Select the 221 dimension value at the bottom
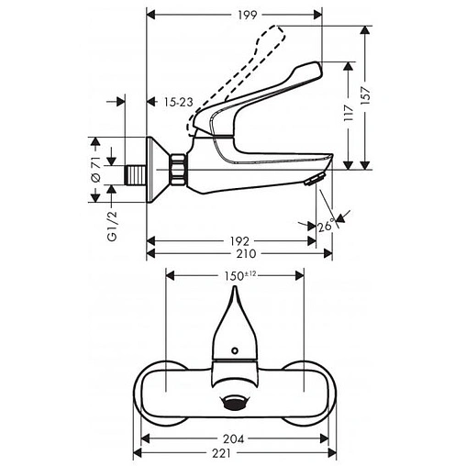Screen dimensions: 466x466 pyautogui.click(x=234, y=455)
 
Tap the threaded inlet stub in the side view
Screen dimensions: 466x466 pyautogui.click(x=134, y=172)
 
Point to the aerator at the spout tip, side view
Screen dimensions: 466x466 pyautogui.click(x=314, y=180)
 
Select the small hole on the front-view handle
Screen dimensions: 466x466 pyautogui.click(x=236, y=350)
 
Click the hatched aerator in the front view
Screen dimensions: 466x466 pyautogui.click(x=235, y=405)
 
